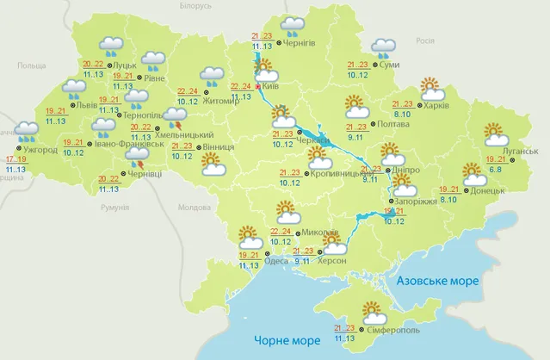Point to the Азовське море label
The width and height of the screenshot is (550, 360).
436,282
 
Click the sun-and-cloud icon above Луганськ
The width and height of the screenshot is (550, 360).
496,134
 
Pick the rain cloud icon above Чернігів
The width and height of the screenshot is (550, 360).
295,24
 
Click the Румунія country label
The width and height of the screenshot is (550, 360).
113,208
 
